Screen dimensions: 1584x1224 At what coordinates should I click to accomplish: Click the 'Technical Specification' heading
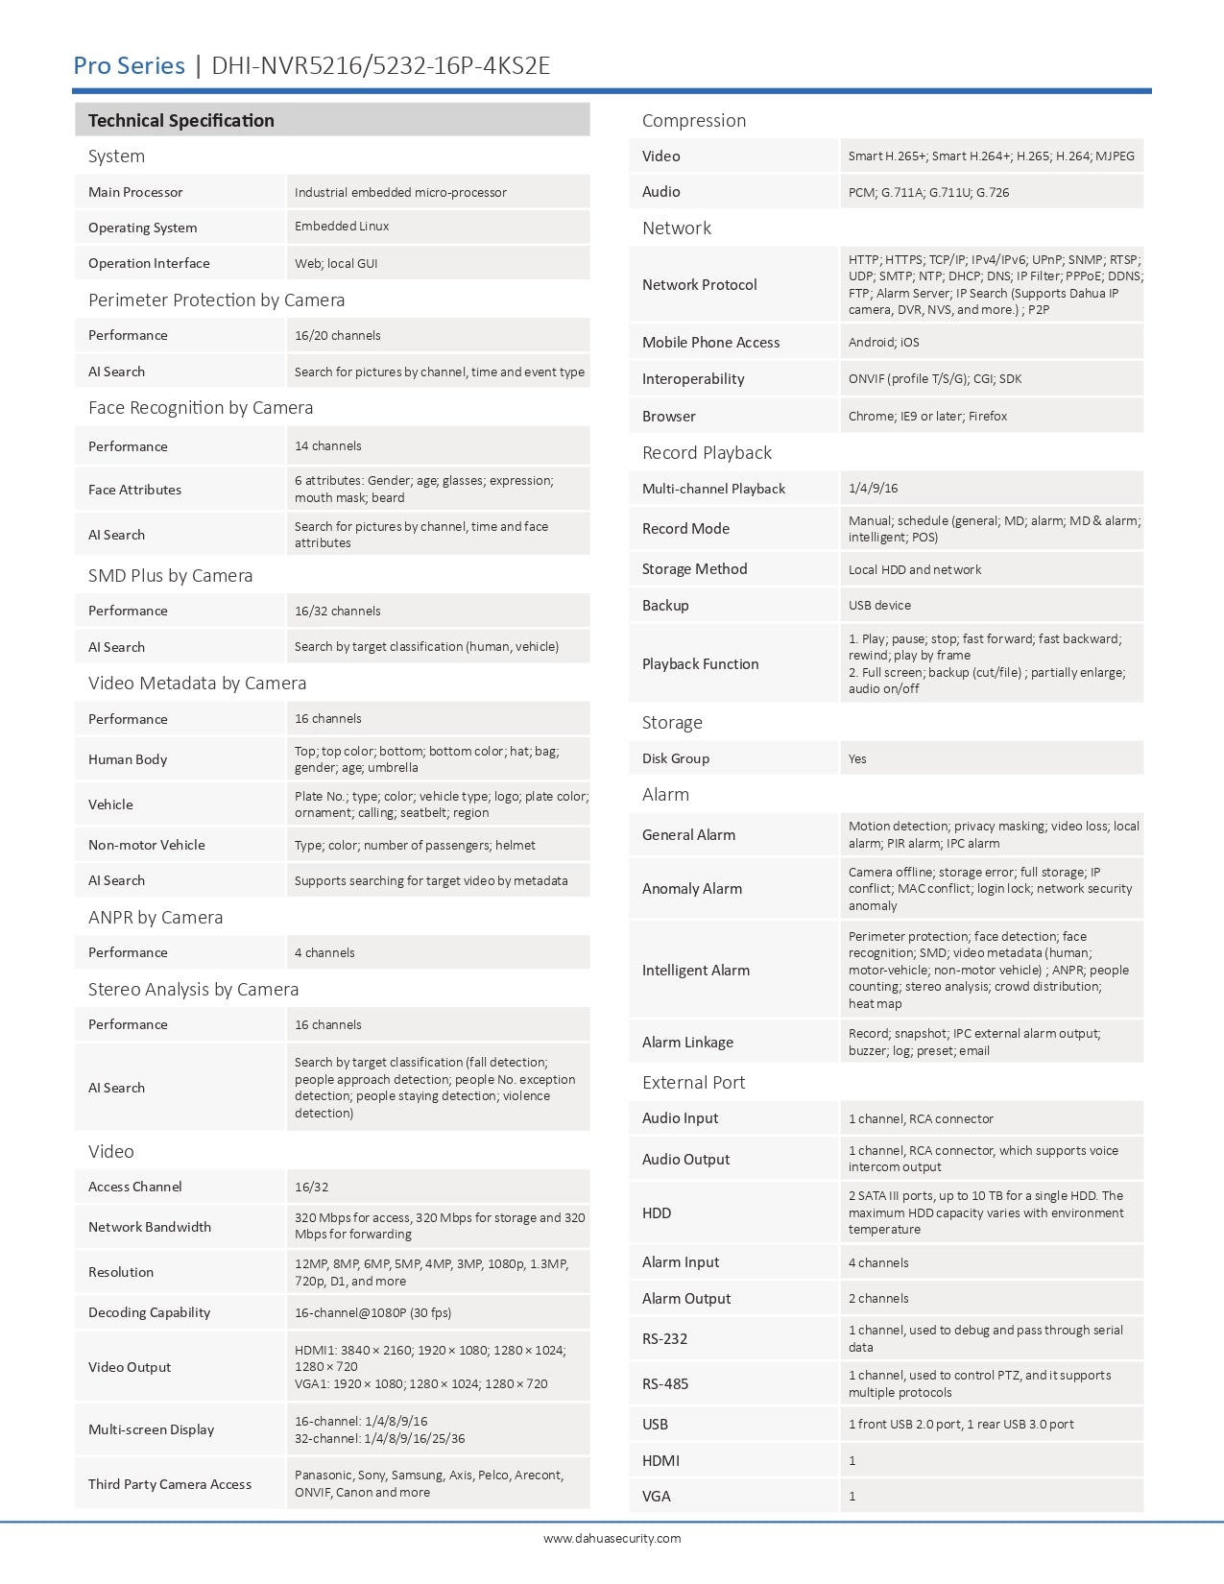pos(180,120)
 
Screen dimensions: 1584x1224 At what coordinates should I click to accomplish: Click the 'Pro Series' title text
pos(129,65)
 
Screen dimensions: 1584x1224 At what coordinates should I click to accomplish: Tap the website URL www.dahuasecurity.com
pos(612,1538)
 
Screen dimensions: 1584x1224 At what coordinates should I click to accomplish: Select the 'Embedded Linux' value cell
pos(342,227)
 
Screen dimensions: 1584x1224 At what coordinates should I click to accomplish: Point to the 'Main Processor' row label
pos(135,192)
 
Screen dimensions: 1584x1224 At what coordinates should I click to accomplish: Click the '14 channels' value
pos(328,445)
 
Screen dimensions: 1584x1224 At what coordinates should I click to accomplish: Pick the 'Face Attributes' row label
pos(134,490)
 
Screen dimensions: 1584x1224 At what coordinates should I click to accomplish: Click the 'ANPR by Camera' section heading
pos(156,917)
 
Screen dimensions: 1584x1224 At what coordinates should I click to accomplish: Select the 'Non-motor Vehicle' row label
pos(147,845)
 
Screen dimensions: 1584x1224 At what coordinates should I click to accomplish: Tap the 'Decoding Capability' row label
pos(149,1312)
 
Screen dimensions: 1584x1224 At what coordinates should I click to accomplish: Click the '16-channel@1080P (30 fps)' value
pos(372,1312)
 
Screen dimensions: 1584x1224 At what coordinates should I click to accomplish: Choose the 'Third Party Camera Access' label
pos(170,1484)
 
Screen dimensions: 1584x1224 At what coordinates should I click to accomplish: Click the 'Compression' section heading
pos(693,120)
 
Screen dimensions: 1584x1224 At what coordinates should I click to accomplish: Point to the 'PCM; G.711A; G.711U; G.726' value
pos(928,192)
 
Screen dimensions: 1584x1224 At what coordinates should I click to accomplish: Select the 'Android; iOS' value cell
pos(883,342)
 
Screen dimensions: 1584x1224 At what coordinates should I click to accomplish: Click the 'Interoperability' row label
pos(693,378)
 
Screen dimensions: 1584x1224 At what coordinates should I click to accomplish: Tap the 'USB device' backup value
pos(879,605)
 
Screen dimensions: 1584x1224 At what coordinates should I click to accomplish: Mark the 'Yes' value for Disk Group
pos(857,758)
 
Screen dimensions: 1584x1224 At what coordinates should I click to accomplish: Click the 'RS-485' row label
pos(665,1383)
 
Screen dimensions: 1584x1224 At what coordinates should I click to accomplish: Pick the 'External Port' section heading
pos(693,1082)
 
